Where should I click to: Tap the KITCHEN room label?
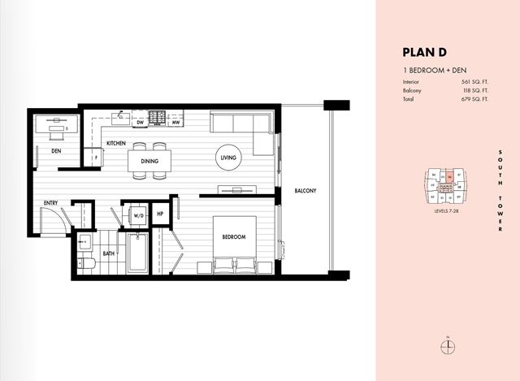(x=115, y=143)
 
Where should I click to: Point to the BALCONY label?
(x=305, y=191)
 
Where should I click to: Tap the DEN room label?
(x=56, y=151)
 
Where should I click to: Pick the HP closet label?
(x=161, y=214)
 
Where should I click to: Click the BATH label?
(x=108, y=253)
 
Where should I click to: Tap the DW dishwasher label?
(x=140, y=123)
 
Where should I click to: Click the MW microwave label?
(x=175, y=123)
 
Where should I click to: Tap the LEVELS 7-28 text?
(x=449, y=210)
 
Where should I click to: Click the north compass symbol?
(x=445, y=348)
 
